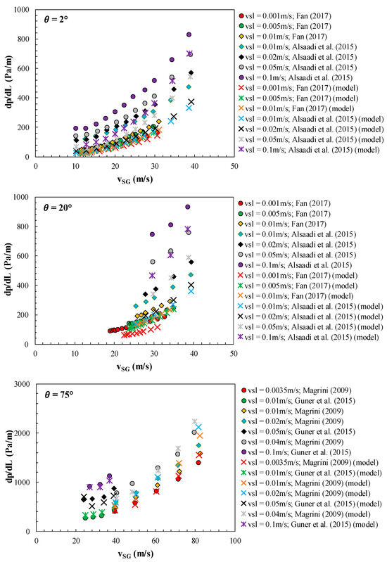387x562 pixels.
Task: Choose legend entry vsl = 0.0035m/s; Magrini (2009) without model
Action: tap(306, 390)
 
